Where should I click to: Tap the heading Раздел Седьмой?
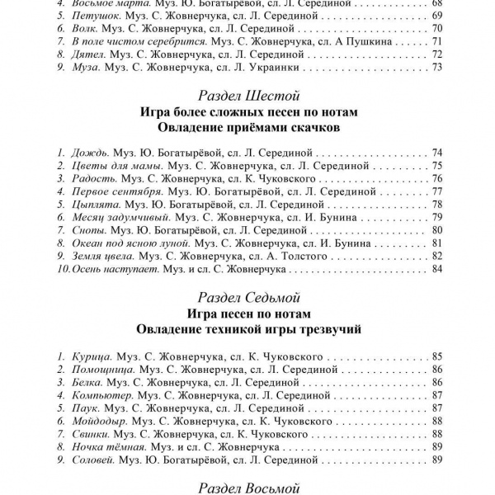point(247,297)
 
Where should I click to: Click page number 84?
point(438,269)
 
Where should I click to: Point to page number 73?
point(438,66)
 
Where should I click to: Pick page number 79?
point(438,217)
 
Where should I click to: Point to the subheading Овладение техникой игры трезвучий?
point(247,328)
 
